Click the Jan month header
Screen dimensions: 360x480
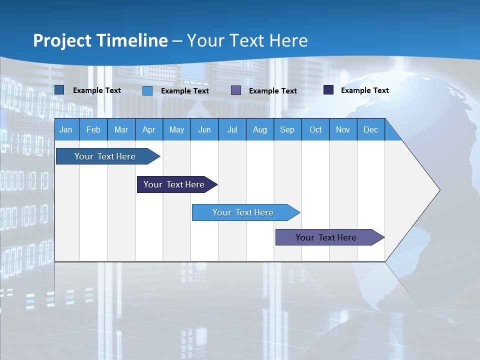[66, 129]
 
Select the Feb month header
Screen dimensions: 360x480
[93, 129]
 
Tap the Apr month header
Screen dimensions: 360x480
[148, 129]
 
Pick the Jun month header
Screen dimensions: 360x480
[204, 129]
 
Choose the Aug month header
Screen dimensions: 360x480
[259, 129]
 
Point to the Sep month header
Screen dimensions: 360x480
[287, 129]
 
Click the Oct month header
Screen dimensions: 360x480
[315, 129]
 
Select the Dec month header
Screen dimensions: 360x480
[370, 129]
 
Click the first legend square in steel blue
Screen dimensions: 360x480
[59, 90]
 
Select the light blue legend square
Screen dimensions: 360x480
[147, 90]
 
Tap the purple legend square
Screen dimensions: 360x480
[236, 90]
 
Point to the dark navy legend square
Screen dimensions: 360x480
[328, 90]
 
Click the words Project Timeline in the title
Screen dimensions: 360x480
[100, 40]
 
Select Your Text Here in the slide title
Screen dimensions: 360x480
[247, 40]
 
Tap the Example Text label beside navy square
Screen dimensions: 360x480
[364, 90]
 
